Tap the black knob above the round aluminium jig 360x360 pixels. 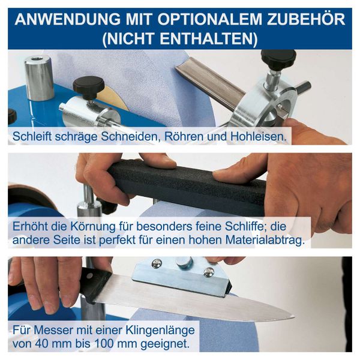click(278, 59)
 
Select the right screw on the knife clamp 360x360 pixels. click(208, 272)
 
